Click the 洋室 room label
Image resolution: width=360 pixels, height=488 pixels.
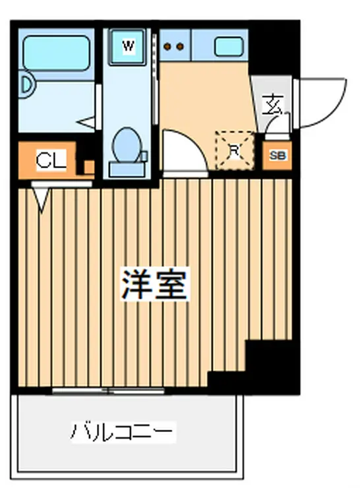pyautogui.click(x=155, y=283)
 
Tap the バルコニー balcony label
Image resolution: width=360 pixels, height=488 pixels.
pyautogui.click(x=123, y=433)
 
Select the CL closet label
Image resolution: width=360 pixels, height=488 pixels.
pyautogui.click(x=50, y=160)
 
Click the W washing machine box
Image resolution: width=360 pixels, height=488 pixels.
pyautogui.click(x=129, y=47)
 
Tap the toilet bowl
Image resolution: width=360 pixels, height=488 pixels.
pyautogui.click(x=125, y=143)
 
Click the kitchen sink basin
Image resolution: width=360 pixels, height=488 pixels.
pyautogui.click(x=229, y=46)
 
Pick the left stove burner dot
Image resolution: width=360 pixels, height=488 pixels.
pyautogui.click(x=167, y=46)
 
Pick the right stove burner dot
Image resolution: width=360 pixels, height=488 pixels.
pyautogui.click(x=180, y=46)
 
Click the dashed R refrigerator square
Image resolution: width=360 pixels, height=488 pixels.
pyautogui.click(x=234, y=150)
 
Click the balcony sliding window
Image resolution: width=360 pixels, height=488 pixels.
pyautogui.click(x=109, y=391)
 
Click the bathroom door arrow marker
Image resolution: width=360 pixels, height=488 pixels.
pyautogui.click(x=86, y=123)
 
